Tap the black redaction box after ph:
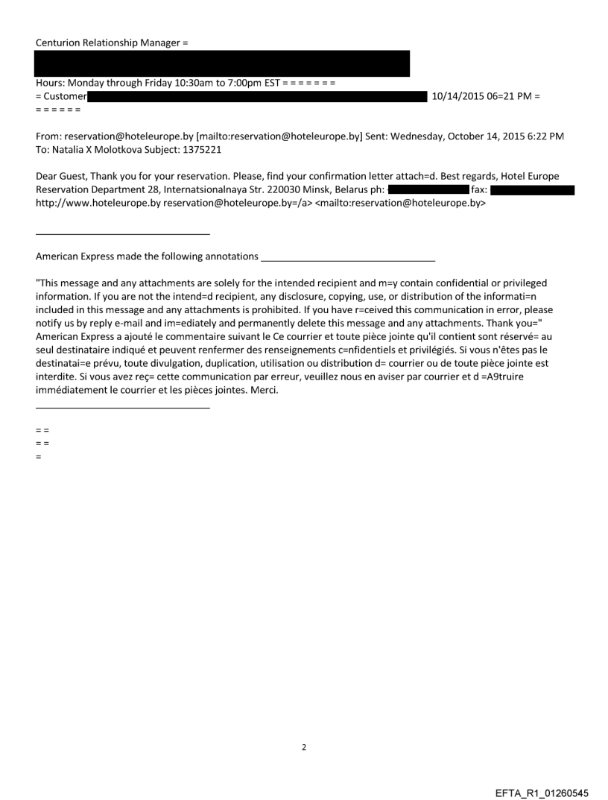pos(427,190)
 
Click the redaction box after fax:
pos(532,190)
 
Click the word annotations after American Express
pos(226,256)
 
